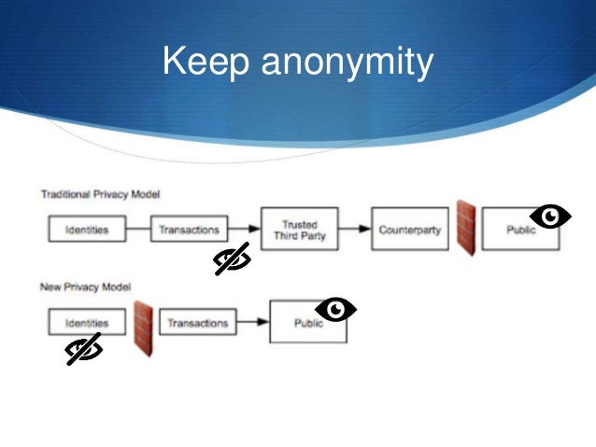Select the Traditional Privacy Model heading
[x=100, y=194]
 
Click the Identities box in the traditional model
[x=86, y=229]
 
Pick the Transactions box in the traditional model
[x=189, y=229]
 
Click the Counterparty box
[x=410, y=230]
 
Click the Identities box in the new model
[x=86, y=323]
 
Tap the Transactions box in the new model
[x=197, y=323]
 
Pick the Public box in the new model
[x=307, y=323]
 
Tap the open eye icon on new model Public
[x=336, y=308]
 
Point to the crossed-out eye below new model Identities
[x=84, y=350]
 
